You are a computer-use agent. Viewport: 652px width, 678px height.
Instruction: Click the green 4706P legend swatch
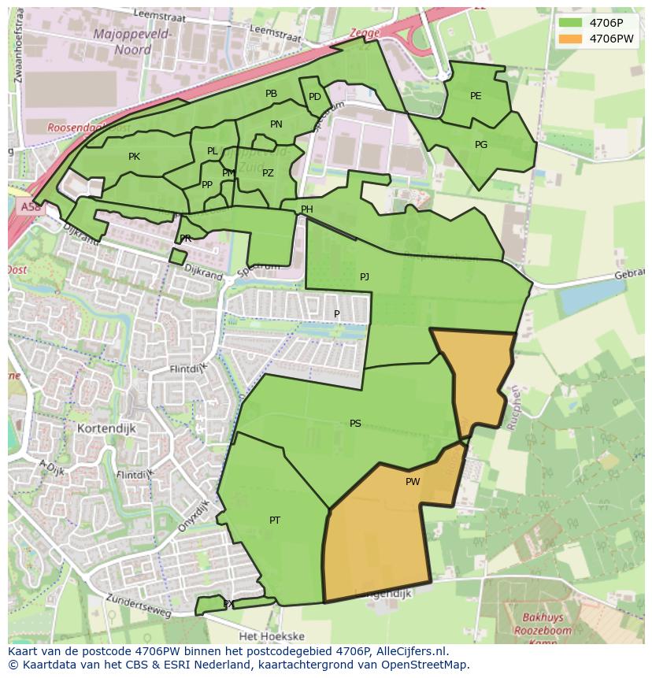coord(571,23)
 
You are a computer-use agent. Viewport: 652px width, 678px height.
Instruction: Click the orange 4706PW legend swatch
coord(571,39)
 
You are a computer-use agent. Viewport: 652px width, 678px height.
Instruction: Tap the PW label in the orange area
coord(413,482)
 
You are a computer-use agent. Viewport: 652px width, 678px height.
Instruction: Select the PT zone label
coord(275,521)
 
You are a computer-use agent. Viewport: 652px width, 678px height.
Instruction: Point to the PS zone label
coord(355,424)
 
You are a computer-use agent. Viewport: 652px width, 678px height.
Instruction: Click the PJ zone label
coord(364,277)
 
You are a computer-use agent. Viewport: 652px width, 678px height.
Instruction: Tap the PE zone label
coord(476,96)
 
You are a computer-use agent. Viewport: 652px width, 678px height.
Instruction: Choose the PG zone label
coord(481,145)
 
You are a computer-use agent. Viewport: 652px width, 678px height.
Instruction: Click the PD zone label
coord(314,98)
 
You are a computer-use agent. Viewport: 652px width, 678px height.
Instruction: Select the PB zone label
coord(271,94)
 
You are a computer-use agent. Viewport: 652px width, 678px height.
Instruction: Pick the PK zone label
coord(134,157)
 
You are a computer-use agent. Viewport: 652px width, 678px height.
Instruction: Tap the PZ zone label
coord(268,173)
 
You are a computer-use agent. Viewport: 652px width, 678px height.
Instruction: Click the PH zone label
coord(307,209)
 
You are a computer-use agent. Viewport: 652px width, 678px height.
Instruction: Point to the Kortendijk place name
coord(108,428)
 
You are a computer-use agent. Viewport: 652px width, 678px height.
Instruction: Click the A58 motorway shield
coord(28,207)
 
